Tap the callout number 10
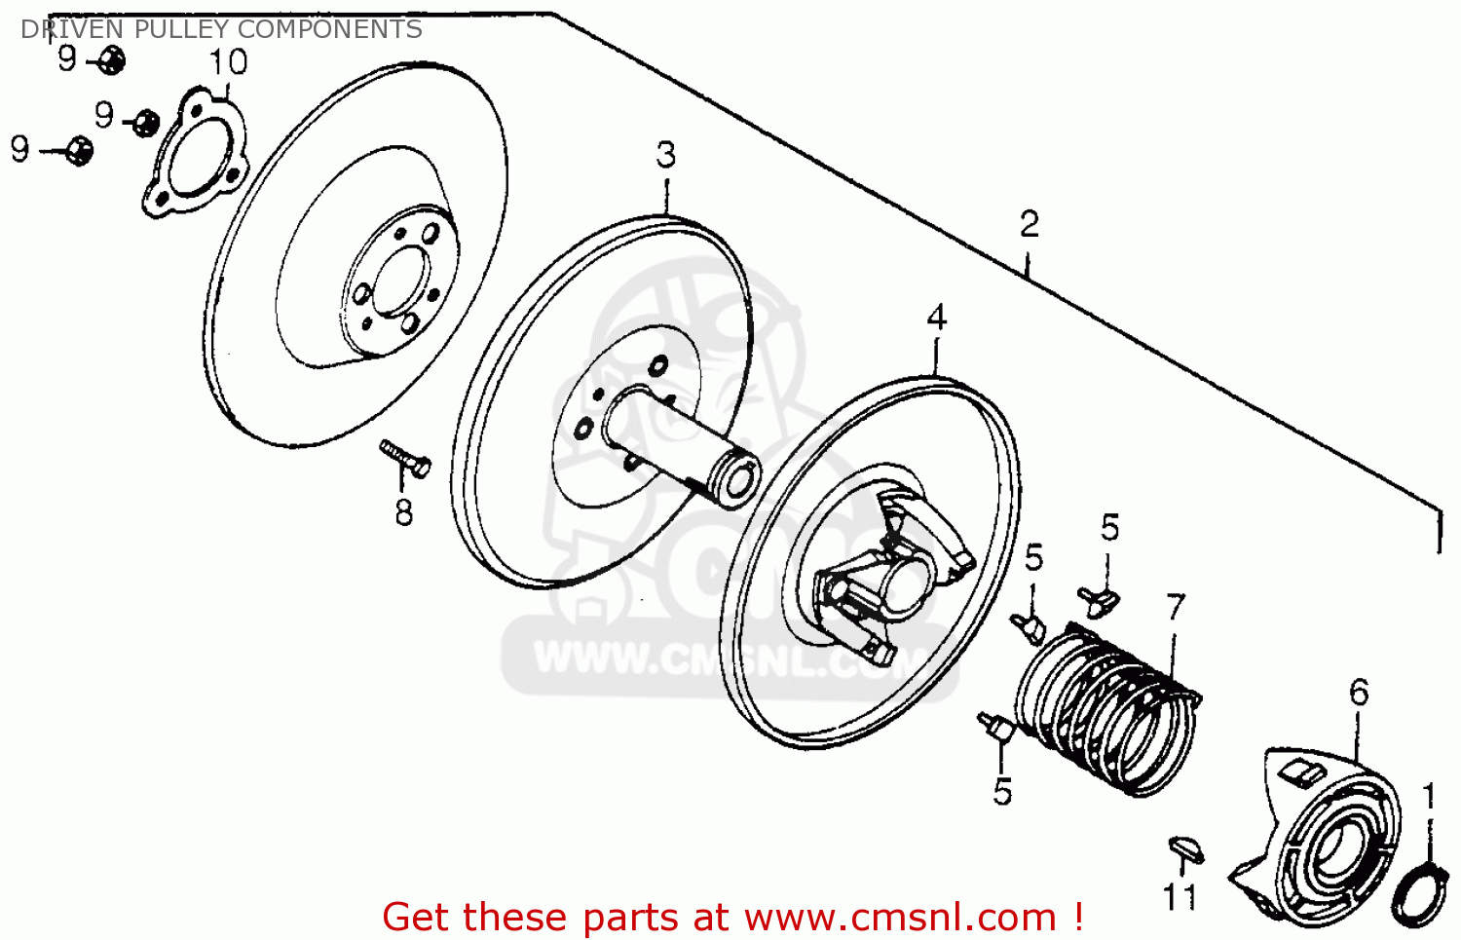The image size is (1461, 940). [228, 62]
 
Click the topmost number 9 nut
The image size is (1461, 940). [112, 60]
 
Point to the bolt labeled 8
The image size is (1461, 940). [405, 459]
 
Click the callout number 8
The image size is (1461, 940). [404, 511]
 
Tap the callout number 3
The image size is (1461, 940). [665, 155]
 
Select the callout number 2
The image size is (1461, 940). [1030, 224]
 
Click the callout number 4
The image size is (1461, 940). [936, 318]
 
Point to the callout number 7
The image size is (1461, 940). [1176, 607]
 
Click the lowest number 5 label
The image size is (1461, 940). [1003, 791]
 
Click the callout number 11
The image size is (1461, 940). [1180, 896]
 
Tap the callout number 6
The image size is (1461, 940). [1359, 693]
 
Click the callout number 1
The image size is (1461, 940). [1428, 796]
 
